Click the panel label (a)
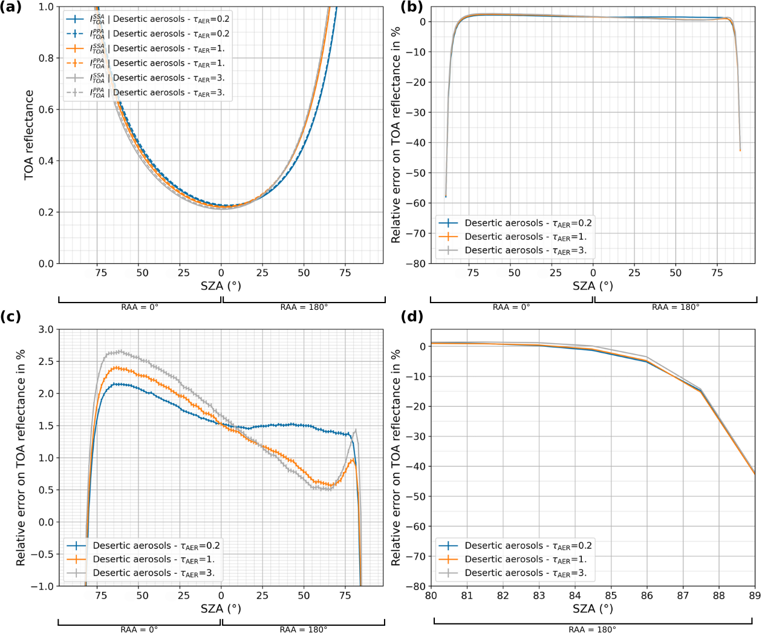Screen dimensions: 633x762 [12, 7]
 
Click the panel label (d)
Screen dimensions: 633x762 [411, 316]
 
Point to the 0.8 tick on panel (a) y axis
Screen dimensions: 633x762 [46, 58]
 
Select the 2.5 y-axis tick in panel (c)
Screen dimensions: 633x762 [46, 361]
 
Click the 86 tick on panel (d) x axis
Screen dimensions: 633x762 [647, 595]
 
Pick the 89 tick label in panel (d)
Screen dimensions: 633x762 [755, 595]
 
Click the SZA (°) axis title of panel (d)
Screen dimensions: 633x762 [593, 608]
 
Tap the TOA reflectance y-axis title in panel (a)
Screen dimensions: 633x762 [29, 135]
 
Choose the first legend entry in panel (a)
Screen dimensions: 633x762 [148, 19]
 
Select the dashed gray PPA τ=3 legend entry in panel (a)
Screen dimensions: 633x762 [148, 93]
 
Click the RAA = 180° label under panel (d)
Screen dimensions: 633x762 [592, 629]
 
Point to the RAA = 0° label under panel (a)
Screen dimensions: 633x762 [140, 307]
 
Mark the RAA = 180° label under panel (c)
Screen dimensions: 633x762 [304, 629]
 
